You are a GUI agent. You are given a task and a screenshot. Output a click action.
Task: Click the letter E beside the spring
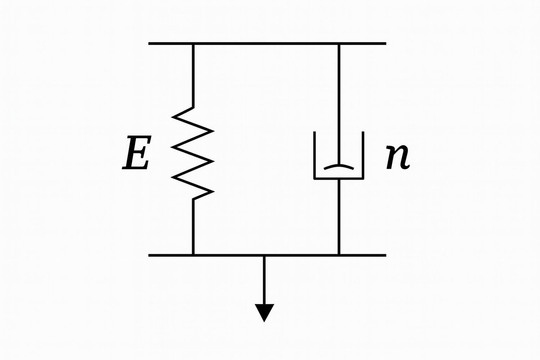tap(137, 153)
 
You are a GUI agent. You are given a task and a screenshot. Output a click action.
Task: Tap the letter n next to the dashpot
tap(398, 157)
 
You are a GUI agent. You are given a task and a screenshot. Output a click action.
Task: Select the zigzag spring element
tap(193, 153)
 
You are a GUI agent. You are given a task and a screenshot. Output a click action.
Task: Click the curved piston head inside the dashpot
tap(339, 167)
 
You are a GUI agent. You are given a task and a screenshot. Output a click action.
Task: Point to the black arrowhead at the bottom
tap(264, 312)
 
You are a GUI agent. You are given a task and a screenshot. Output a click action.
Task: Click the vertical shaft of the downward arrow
tap(264, 280)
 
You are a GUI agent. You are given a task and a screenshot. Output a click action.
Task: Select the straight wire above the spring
tap(193, 76)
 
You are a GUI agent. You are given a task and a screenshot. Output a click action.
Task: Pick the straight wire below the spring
tap(193, 227)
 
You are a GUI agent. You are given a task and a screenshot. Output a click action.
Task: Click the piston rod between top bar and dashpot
tap(339, 105)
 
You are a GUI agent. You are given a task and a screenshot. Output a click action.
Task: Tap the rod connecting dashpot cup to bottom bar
tap(339, 217)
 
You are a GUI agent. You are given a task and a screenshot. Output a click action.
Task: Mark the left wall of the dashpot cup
tap(315, 155)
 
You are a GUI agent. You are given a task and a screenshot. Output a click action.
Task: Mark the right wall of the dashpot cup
tap(363, 155)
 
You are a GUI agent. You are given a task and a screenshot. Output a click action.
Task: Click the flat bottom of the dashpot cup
tap(339, 179)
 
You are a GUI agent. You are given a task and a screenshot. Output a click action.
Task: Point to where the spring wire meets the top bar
tap(193, 44)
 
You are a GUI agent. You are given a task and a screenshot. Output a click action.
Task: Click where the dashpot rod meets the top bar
tap(339, 44)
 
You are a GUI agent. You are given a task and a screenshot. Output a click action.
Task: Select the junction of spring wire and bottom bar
tap(193, 255)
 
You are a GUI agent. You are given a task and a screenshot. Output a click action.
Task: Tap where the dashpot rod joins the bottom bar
tap(339, 255)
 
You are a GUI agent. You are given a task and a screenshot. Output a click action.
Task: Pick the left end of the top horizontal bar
tap(148, 44)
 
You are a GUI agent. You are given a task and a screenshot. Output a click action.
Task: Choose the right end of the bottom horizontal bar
tap(386, 255)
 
